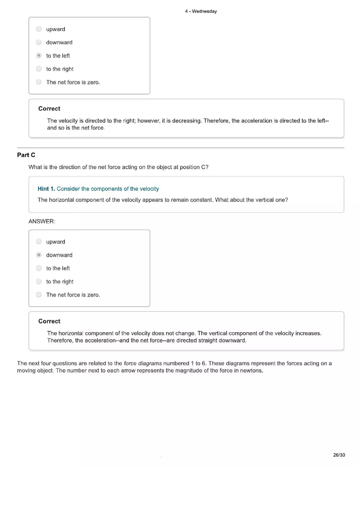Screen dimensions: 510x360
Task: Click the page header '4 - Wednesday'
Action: coord(200,11)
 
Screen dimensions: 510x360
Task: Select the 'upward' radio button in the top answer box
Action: coord(39,29)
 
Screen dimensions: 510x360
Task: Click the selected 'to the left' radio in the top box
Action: coord(39,56)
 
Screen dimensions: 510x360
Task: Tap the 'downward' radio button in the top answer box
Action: coord(39,42)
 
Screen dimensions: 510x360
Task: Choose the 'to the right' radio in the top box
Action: coord(39,69)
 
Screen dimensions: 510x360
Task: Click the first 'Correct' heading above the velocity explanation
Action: coord(49,109)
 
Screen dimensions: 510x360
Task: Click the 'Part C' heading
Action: coord(26,155)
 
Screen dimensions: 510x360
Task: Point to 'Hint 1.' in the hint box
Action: coord(46,189)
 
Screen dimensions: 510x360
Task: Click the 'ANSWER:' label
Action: coord(42,221)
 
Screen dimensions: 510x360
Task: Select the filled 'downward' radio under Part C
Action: coord(39,255)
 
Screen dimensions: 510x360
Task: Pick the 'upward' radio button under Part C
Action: coord(39,242)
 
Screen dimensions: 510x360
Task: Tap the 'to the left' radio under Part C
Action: coord(39,268)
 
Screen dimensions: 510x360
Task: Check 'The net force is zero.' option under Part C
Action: coord(39,294)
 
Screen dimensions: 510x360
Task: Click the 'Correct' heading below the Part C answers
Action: coord(49,321)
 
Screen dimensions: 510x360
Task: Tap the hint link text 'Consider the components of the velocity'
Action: coord(108,189)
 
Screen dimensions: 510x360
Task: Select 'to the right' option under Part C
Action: coord(39,281)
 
